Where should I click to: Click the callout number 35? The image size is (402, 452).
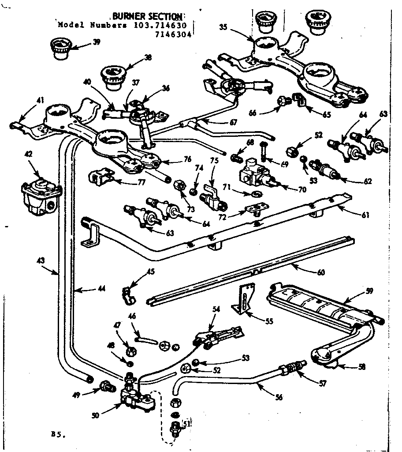(223, 26)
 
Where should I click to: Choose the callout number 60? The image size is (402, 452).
(320, 272)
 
